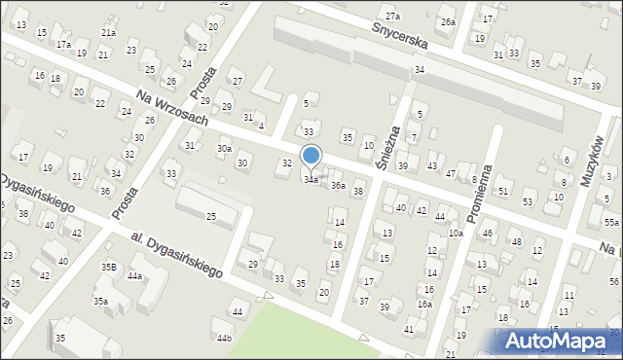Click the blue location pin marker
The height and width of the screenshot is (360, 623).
(311, 156)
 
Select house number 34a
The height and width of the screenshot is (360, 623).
(311, 180)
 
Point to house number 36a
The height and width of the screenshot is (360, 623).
(338, 185)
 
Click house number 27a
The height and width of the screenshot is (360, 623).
(391, 16)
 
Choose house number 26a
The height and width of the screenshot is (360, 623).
(447, 21)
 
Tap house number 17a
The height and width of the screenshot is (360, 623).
(63, 44)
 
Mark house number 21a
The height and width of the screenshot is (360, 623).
(108, 32)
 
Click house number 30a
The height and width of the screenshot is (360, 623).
(224, 148)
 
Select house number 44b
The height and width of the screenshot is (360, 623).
(224, 338)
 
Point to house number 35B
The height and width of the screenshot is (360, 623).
(108, 266)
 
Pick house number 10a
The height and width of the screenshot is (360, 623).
(455, 233)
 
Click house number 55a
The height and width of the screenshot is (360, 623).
(610, 223)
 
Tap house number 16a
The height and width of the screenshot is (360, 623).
(424, 304)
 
